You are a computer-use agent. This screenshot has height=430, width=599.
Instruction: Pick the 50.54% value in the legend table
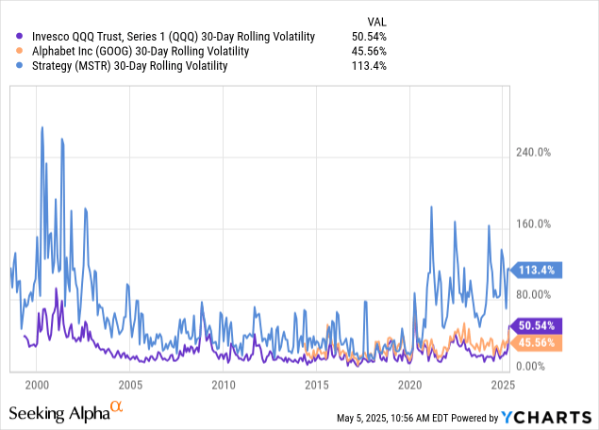368,36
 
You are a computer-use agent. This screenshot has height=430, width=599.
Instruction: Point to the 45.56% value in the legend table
368,51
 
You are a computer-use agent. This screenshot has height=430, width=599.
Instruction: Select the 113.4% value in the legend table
370,66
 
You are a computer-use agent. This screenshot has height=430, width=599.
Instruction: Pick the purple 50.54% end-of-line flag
535,325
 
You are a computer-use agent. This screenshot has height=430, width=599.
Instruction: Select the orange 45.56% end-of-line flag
535,342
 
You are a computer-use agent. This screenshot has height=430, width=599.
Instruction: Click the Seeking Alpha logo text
66,412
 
